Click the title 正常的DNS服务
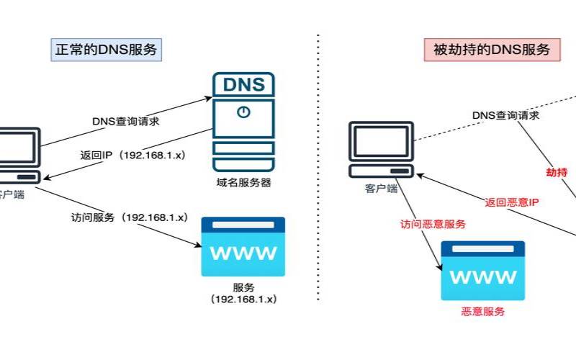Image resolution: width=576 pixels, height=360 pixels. [106, 50]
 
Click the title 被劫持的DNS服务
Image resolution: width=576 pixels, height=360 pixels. [492, 50]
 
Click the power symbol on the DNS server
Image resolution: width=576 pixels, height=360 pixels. [243, 112]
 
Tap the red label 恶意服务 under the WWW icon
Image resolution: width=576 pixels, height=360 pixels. [482, 312]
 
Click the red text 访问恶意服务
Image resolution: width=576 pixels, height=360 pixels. [433, 223]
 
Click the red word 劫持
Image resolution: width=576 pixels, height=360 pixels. [557, 172]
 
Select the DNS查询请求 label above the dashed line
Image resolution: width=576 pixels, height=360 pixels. [506, 115]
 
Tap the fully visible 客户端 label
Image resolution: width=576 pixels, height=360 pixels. [382, 189]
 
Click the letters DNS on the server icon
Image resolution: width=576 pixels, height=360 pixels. [243, 84]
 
